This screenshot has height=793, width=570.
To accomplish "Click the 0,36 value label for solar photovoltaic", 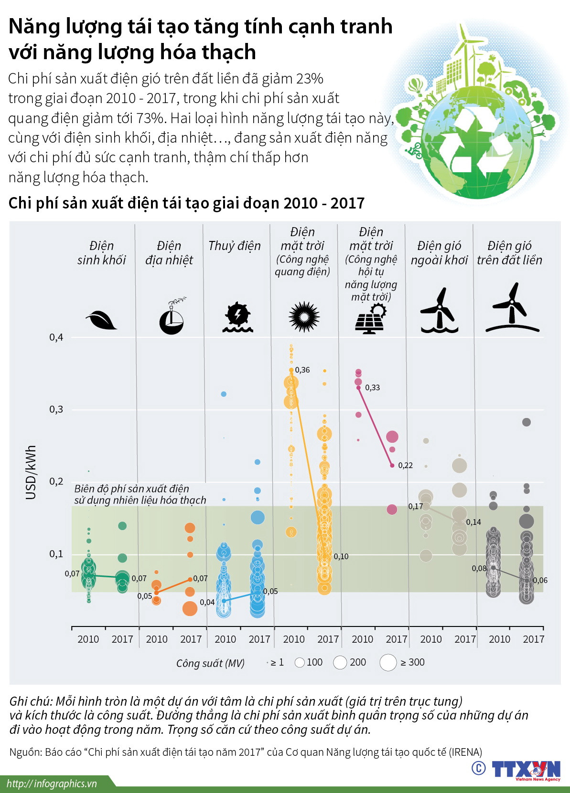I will tap(302, 370).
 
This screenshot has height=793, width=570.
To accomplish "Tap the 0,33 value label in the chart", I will tap(372, 387).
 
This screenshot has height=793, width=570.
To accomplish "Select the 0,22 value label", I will tap(405, 465).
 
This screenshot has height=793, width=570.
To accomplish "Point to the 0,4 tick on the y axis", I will tap(56, 337).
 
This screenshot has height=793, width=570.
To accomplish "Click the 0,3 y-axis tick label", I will tap(56, 409).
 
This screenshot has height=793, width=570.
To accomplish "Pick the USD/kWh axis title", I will tap(31, 472).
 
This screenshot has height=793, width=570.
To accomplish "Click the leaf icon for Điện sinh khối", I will tap(101, 320).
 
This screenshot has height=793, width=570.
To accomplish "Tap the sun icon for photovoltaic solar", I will tap(304, 317).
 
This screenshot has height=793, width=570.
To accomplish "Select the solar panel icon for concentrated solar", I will tap(370, 319).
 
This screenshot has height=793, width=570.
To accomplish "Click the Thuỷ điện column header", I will tap(235, 246).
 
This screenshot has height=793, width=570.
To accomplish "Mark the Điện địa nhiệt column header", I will tap(169, 253).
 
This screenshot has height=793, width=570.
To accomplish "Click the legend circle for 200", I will tap(340, 662).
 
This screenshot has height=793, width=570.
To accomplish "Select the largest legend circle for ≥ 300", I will tap(388, 662).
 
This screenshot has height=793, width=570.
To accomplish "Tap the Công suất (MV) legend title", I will tap(210, 663).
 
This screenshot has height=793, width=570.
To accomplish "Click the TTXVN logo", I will tap(526, 769).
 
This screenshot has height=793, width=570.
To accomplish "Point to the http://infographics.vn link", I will tap(52, 783).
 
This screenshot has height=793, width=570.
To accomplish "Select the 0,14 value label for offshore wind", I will tap(473, 522).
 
